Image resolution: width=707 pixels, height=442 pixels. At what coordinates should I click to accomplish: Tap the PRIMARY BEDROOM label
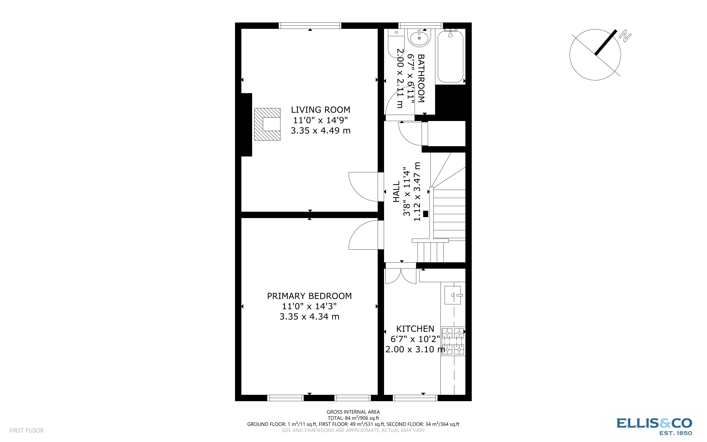coord(309,296)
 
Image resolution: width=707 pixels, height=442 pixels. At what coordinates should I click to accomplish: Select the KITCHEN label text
coord(415,329)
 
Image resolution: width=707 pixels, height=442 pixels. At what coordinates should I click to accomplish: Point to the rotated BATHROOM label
coord(421,78)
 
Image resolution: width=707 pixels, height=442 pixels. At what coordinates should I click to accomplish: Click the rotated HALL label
coord(396,192)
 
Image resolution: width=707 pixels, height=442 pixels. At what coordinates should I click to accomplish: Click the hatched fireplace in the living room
coord(267,124)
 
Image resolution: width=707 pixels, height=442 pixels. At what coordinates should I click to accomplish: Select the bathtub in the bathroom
coord(450,56)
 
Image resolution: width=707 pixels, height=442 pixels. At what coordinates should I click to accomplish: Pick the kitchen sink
coord(453,295)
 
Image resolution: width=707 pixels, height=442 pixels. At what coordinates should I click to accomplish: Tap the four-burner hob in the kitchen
coord(453,341)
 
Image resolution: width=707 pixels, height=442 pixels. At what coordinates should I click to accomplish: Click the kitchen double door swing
coord(401,276)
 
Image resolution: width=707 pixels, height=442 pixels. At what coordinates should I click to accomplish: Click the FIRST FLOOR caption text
coord(27,430)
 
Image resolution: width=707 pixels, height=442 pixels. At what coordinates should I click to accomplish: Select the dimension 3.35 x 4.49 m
coord(320,130)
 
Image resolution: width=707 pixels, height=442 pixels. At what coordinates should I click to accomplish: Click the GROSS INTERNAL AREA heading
coord(353,412)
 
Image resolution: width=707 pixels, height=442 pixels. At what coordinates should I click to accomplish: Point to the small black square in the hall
coord(426,214)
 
